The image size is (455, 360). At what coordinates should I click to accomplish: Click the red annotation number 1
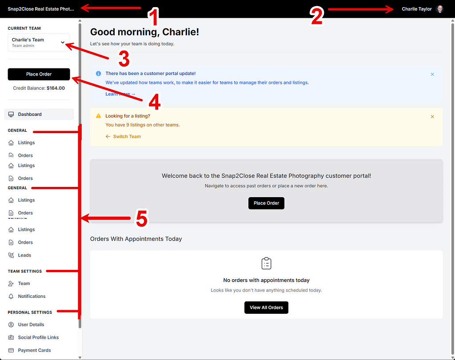tap(153, 18)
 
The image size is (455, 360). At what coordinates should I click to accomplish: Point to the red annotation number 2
tap(316, 16)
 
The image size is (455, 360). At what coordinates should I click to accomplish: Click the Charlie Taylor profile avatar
tap(440, 9)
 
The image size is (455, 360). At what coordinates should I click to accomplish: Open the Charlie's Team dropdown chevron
tap(63, 43)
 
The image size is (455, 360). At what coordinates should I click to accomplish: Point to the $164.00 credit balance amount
tap(56, 88)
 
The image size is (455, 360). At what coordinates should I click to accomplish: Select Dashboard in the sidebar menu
tap(30, 115)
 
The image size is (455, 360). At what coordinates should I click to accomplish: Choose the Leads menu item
tap(24, 255)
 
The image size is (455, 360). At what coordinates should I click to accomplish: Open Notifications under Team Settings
tap(32, 296)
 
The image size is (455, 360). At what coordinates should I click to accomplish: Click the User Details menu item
tap(31, 324)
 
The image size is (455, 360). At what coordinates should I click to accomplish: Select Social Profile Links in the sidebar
tap(38, 337)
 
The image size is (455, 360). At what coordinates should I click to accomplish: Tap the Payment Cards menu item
tap(34, 350)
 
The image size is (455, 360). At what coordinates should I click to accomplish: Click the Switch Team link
tap(127, 136)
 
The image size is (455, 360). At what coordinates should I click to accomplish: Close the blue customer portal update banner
tap(432, 74)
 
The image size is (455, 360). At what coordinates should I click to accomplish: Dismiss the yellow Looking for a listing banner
tap(432, 116)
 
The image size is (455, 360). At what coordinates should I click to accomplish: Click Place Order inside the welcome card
tap(266, 203)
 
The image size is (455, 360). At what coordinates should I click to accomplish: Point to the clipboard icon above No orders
tap(266, 263)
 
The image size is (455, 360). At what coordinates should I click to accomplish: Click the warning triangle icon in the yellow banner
tap(99, 116)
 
